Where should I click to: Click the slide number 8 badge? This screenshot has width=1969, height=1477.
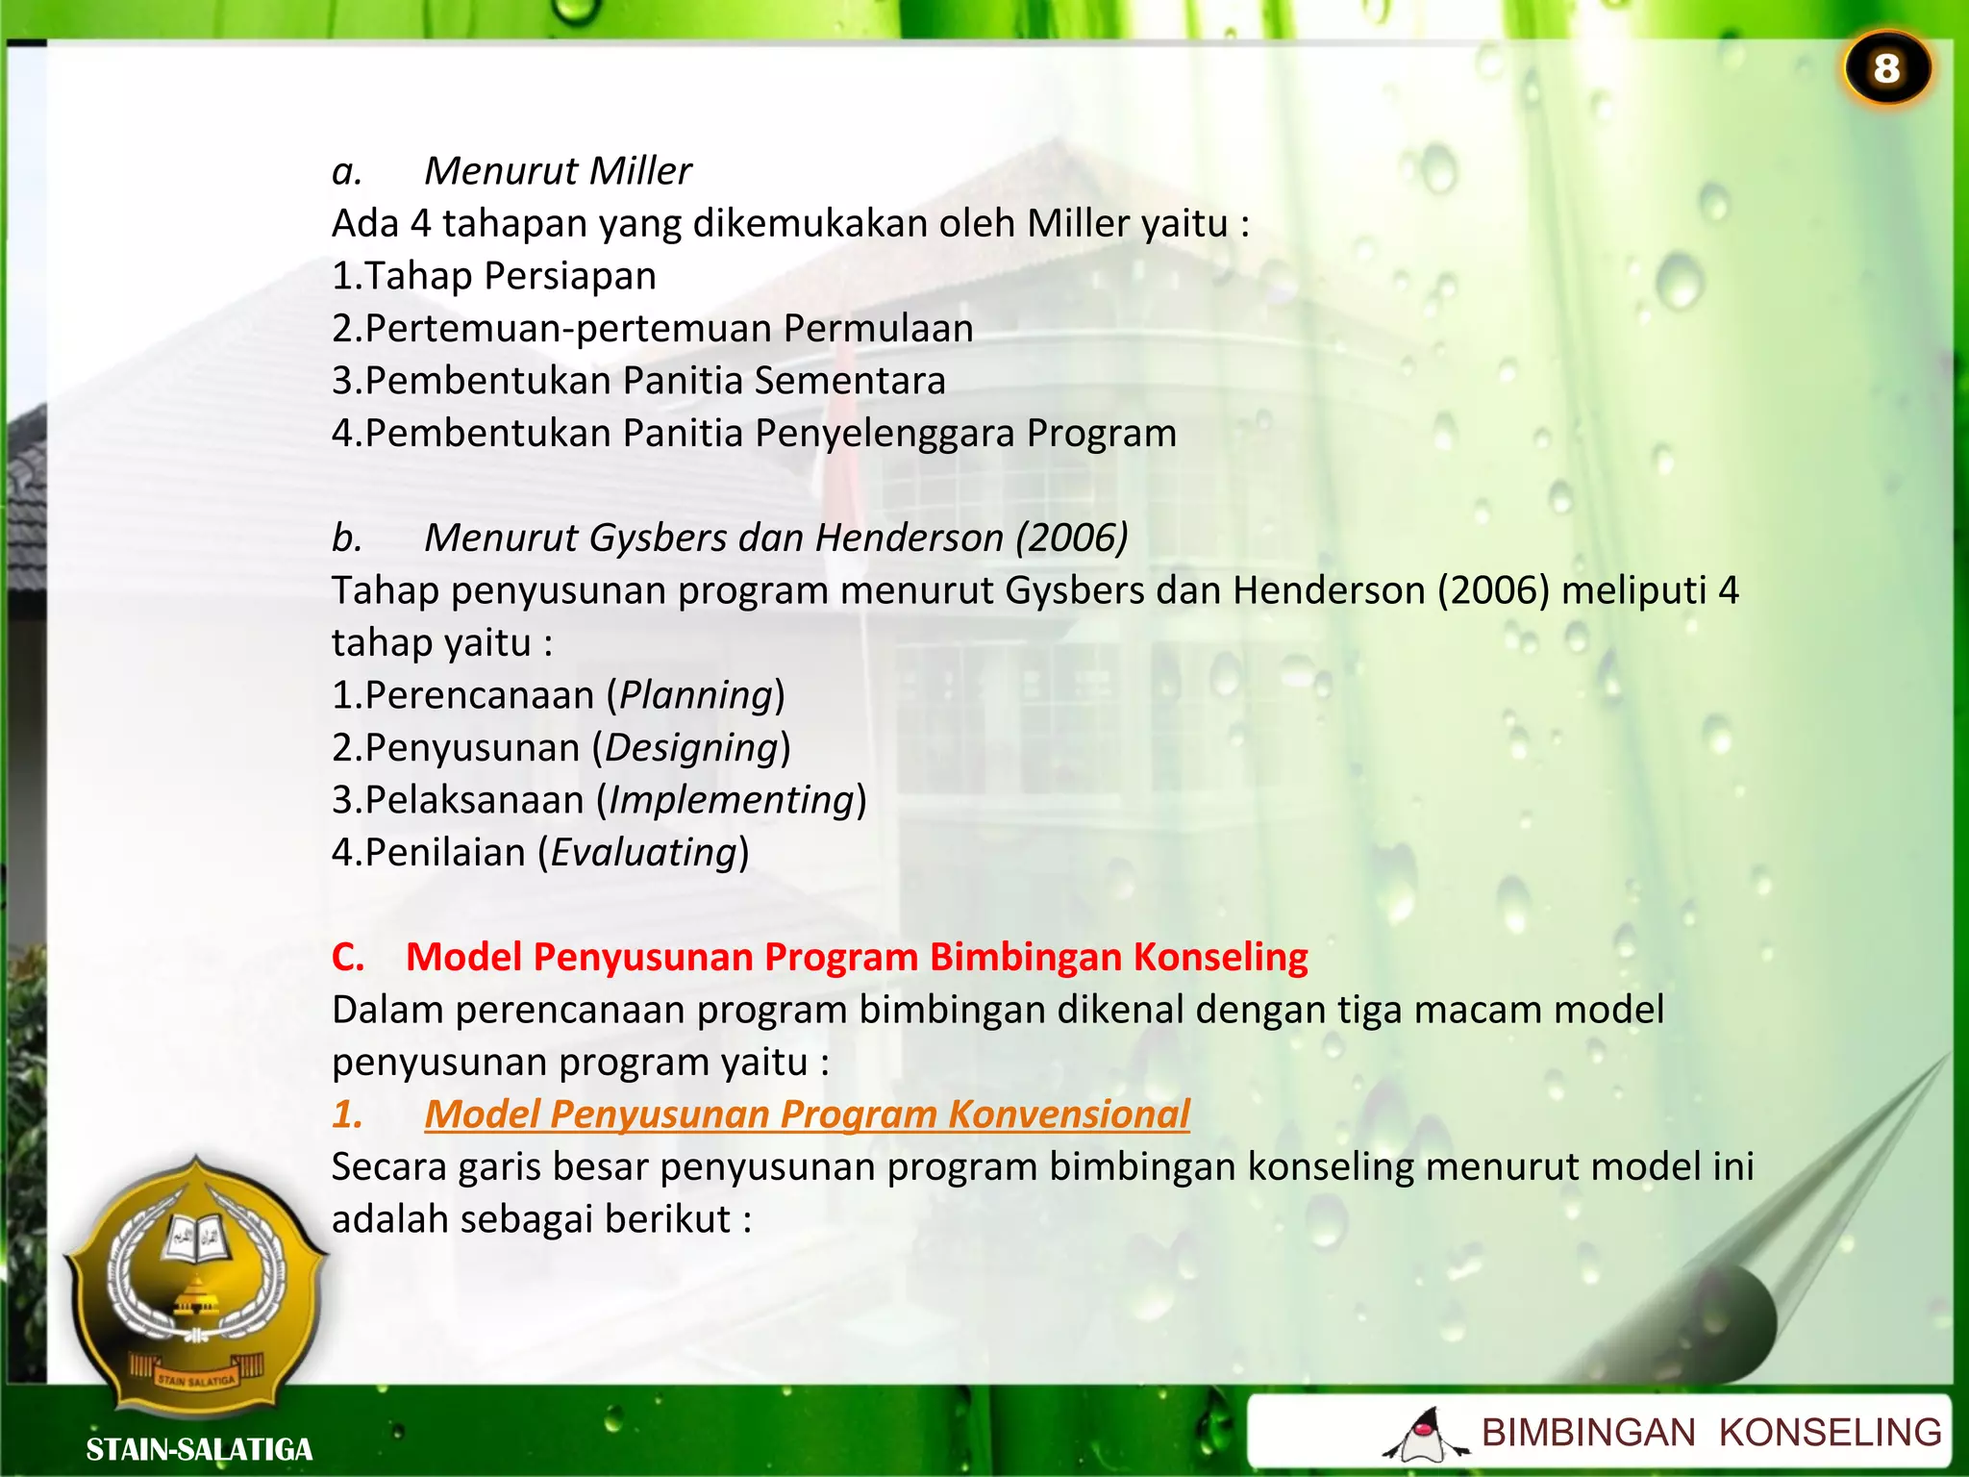(x=1886, y=69)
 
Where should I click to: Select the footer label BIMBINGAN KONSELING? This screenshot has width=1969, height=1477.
(x=1710, y=1433)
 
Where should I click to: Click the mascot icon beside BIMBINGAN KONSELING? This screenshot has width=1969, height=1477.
(x=1425, y=1435)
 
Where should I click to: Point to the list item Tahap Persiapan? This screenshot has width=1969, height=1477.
(x=510, y=276)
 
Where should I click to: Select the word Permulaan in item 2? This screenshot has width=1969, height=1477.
(x=878, y=329)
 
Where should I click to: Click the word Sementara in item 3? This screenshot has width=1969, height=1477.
(x=850, y=381)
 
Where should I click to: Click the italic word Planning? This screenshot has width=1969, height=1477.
(x=696, y=695)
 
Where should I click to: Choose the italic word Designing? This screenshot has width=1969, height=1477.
(x=691, y=748)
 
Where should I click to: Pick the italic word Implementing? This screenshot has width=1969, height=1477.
(x=732, y=800)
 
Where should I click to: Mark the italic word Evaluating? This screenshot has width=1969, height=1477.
(x=643, y=853)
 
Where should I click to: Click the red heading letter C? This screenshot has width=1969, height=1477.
(x=347, y=958)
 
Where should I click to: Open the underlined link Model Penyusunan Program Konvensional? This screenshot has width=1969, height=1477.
(x=807, y=1114)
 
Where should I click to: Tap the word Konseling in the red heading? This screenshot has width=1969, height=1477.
(x=1220, y=958)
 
